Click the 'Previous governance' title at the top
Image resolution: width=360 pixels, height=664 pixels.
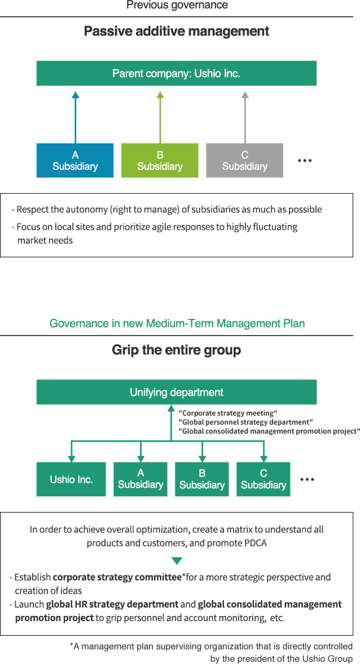click(177, 5)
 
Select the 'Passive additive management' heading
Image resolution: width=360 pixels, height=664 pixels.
click(177, 32)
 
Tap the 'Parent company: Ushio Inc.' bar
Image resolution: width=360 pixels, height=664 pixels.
click(176, 73)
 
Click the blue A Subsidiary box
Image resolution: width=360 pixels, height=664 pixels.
click(75, 134)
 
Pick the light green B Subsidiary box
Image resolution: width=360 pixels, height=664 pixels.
click(160, 134)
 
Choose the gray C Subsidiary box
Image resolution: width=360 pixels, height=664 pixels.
click(244, 134)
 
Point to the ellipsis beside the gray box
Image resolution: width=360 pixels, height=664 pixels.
click(305, 160)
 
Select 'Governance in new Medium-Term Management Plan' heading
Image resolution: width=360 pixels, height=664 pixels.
click(177, 324)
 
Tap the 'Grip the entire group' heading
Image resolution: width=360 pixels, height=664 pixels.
click(177, 350)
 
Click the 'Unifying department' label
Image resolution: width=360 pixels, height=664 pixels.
click(177, 392)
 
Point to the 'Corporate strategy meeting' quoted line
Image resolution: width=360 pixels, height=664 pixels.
click(227, 413)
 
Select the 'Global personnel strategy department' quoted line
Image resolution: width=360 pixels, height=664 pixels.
click(245, 422)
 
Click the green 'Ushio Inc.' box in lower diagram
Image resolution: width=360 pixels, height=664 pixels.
click(71, 479)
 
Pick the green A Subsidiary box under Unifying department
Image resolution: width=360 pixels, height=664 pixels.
click(141, 479)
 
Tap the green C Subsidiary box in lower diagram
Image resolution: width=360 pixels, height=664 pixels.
click(264, 479)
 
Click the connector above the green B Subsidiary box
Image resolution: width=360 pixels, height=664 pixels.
click(202, 452)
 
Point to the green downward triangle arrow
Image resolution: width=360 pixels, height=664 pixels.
click(177, 561)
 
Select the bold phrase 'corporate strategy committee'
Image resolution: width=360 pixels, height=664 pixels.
click(117, 577)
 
